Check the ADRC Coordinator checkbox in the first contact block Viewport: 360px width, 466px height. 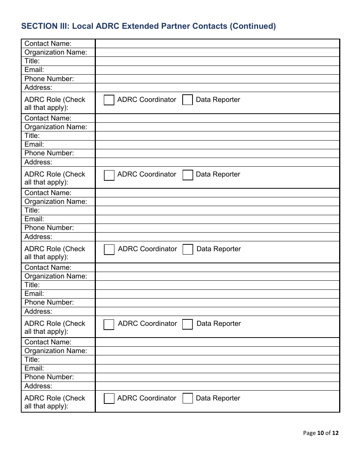[109, 100]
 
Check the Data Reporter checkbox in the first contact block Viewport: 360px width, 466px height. [188, 100]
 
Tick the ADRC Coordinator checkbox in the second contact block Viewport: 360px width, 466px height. [109, 175]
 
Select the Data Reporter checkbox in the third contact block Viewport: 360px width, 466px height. [188, 250]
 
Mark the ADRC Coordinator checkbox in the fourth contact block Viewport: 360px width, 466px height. [109, 325]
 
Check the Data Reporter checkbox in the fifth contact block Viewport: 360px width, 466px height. [188, 399]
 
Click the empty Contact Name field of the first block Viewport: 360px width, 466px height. [217, 44]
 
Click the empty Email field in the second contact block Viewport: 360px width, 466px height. [217, 145]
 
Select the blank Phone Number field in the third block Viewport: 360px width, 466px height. [217, 228]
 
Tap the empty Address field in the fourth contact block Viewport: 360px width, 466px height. [217, 311]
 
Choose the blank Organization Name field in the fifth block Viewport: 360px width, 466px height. [217, 351]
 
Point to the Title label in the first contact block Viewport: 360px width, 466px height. [32, 61]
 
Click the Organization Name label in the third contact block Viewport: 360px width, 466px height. [56, 202]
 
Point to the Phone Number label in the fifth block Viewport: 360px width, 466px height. [49, 377]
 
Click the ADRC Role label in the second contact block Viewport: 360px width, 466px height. [55, 178]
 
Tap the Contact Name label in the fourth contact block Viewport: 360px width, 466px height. [48, 267]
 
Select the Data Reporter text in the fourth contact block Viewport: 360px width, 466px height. [219, 324]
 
